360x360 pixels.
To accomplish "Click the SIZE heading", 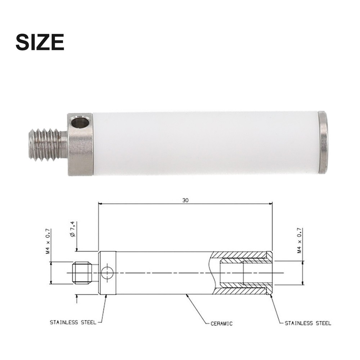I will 40,42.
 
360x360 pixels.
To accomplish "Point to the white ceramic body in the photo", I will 205,143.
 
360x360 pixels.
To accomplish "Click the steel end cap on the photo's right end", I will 323,143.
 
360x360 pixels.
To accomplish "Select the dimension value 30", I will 185,200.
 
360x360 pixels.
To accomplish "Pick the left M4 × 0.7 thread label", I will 47,241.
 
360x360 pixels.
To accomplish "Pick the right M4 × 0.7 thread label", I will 299,240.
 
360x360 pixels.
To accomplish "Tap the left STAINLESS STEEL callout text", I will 73,322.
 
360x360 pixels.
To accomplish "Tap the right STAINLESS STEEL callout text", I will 308,323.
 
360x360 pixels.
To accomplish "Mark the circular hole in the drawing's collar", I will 107,273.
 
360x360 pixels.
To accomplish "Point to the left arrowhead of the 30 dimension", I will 101,204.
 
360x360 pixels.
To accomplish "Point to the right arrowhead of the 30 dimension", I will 270,204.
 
